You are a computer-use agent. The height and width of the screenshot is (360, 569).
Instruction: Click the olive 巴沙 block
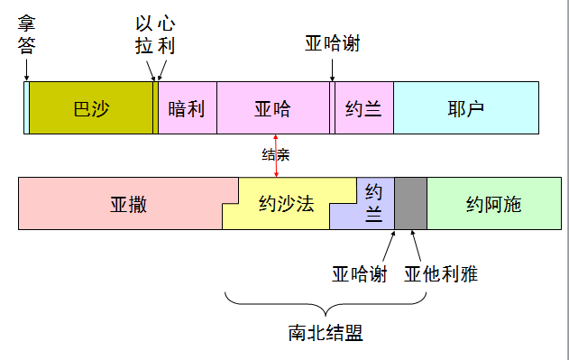pyautogui.click(x=91, y=108)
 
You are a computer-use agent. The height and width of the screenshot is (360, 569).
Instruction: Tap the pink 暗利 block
pyautogui.click(x=187, y=108)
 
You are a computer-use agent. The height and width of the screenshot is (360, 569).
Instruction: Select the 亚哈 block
pyautogui.click(x=272, y=108)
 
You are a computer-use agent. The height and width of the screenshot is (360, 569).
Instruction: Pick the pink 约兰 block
pyautogui.click(x=363, y=108)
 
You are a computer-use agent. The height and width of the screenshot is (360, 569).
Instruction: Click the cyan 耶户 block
pyautogui.click(x=465, y=108)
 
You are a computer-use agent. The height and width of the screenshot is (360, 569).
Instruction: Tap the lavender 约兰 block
pyautogui.click(x=374, y=203)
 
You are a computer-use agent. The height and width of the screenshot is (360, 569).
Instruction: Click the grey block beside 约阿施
pyautogui.click(x=410, y=203)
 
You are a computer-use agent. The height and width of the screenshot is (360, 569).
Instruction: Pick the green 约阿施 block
pyautogui.click(x=493, y=203)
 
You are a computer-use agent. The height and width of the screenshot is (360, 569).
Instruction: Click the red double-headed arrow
pyautogui.click(x=276, y=156)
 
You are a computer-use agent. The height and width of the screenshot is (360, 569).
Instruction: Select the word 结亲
pyautogui.click(x=275, y=154)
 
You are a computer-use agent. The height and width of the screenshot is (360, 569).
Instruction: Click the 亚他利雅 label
pyautogui.click(x=440, y=272)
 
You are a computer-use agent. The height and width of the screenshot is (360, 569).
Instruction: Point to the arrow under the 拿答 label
pyautogui.click(x=26, y=69)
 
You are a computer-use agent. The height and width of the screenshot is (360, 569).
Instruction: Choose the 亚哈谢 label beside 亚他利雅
pyautogui.click(x=360, y=272)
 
